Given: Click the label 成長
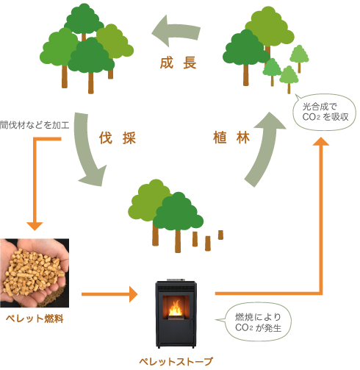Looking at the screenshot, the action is [x=179, y=63].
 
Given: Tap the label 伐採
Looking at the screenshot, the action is [x=118, y=138].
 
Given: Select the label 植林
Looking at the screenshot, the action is [x=231, y=138].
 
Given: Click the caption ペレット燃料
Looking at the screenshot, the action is [x=35, y=319].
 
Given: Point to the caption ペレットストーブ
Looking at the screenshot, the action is [x=176, y=361].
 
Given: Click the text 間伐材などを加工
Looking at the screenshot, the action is [x=35, y=125].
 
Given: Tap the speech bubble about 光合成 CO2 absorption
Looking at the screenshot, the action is [x=325, y=112].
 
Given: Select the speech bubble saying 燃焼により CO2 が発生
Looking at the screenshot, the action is [x=257, y=322].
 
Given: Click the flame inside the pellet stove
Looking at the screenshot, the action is [x=176, y=308].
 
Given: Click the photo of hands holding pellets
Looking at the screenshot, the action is [x=35, y=273].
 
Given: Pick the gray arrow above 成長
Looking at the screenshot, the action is [x=176, y=31].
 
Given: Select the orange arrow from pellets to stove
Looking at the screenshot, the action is [x=109, y=294].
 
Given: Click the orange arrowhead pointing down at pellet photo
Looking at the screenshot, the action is [x=35, y=227].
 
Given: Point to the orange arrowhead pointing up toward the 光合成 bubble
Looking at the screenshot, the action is [x=321, y=141].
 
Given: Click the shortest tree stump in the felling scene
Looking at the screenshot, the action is [x=220, y=235].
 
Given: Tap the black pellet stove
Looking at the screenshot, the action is [x=176, y=314].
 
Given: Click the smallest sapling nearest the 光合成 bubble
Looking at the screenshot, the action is [x=289, y=79].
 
